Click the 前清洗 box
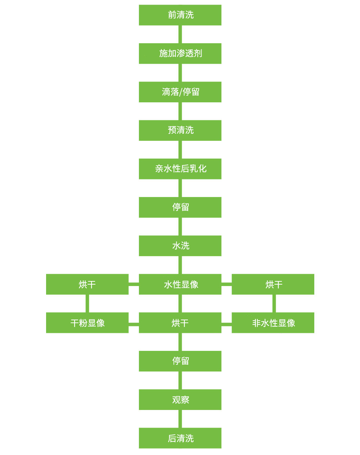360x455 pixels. point(180,15)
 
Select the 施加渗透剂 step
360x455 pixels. point(180,53)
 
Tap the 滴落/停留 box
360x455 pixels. point(180,92)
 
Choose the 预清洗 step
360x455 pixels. point(180,130)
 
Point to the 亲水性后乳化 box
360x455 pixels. point(180,169)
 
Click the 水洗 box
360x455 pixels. point(180,246)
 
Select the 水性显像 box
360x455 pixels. point(180,284)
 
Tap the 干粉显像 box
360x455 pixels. point(87,323)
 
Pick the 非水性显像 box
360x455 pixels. point(273,323)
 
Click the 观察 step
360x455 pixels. point(180,400)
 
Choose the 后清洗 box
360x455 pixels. point(180,438)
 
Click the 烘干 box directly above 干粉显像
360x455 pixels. point(87,284)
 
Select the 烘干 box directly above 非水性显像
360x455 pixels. point(273,284)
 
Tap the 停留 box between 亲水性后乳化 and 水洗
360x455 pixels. point(180,208)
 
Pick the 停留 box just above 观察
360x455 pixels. point(180,361)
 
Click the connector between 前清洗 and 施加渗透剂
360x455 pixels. point(180,34)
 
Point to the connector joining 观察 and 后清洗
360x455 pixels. point(180,419)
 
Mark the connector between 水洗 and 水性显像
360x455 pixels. point(180,265)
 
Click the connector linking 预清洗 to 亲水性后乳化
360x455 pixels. point(180,150)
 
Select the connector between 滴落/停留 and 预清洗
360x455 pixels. point(180,111)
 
